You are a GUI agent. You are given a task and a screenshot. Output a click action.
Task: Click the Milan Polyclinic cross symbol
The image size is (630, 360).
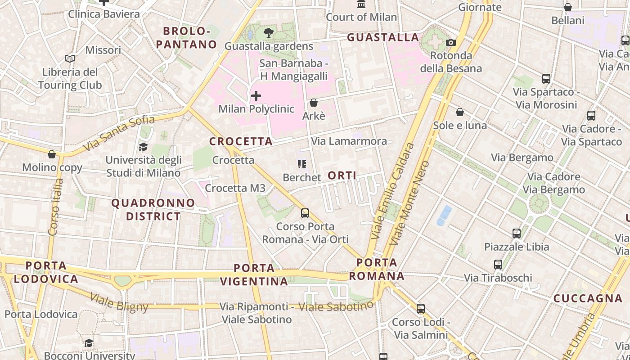[256, 95]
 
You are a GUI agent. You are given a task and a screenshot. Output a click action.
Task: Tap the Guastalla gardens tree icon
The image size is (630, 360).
[269, 32]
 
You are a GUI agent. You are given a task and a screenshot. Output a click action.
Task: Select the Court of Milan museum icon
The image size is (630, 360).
[361, 4]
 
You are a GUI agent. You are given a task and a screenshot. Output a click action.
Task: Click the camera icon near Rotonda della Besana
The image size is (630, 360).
[450, 43]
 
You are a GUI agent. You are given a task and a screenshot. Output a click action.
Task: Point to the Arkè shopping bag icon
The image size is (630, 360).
[314, 103]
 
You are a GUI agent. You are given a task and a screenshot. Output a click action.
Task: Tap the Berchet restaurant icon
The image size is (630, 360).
[301, 164]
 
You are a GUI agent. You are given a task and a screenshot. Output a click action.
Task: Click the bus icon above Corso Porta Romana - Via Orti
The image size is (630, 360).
[305, 213]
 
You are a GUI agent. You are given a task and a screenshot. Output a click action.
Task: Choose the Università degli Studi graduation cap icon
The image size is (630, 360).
[143, 147]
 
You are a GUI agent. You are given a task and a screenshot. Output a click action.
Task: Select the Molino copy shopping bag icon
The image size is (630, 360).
[52, 154]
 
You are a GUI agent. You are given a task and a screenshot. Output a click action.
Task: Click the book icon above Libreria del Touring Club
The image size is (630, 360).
[69, 58]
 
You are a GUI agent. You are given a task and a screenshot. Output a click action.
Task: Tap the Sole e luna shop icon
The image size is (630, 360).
[460, 112]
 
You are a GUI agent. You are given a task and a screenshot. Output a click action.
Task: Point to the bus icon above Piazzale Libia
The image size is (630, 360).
[517, 234]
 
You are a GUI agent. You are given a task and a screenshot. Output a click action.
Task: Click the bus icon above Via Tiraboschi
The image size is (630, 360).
[498, 265]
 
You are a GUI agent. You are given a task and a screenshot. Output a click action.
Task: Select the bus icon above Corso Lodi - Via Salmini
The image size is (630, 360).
[421, 309]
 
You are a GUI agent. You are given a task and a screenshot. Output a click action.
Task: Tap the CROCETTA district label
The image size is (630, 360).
[241, 141]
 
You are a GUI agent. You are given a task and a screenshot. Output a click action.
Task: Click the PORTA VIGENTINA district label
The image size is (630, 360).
[254, 274]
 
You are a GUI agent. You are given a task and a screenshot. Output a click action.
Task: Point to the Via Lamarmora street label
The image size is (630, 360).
[349, 141]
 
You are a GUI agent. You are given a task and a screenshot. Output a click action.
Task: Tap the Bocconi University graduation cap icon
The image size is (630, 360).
[89, 343]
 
